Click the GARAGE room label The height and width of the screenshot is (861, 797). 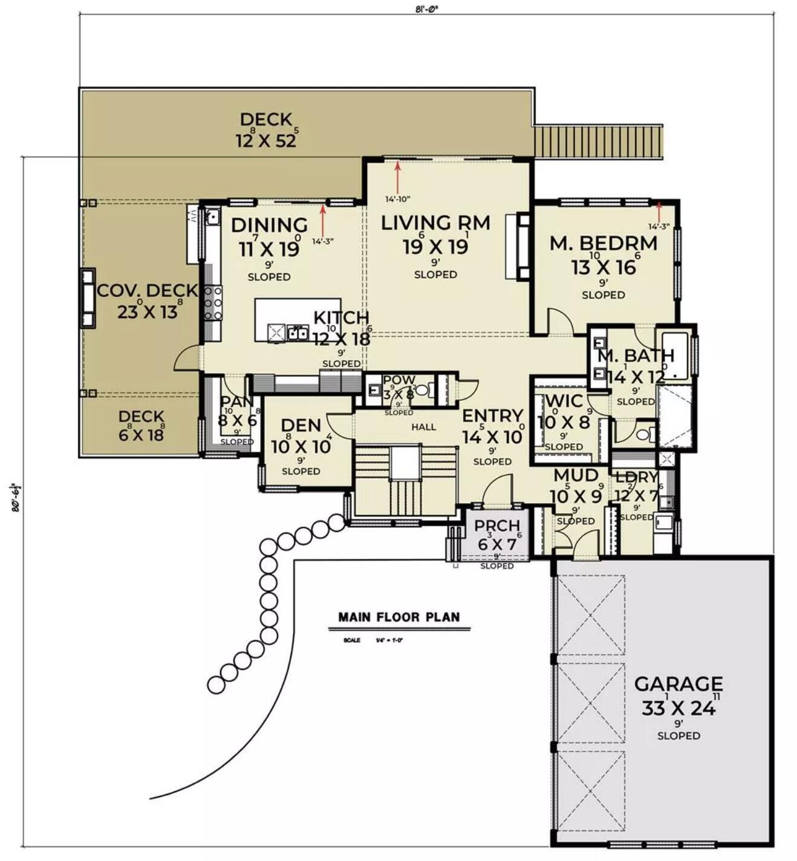pyautogui.click(x=678, y=684)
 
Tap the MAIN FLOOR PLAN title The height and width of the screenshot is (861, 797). pyautogui.click(x=399, y=617)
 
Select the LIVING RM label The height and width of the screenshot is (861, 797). pyautogui.click(x=435, y=223)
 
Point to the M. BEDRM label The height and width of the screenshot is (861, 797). pyautogui.click(x=603, y=243)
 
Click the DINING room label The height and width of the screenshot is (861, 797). pyautogui.click(x=269, y=225)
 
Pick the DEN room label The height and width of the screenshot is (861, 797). pyautogui.click(x=301, y=426)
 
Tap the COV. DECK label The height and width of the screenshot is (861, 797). pyautogui.click(x=148, y=291)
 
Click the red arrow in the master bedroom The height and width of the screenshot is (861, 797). pyautogui.click(x=659, y=212)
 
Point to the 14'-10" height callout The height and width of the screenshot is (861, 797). pyautogui.click(x=398, y=199)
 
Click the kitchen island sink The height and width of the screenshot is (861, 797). pyautogui.click(x=297, y=332)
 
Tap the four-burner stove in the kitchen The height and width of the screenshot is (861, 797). pyautogui.click(x=213, y=302)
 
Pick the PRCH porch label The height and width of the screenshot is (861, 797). pyautogui.click(x=496, y=526)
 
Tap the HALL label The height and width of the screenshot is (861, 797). pyautogui.click(x=423, y=427)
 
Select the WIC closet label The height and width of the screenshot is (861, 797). pyautogui.click(x=564, y=401)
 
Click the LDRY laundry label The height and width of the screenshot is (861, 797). pyautogui.click(x=636, y=477)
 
